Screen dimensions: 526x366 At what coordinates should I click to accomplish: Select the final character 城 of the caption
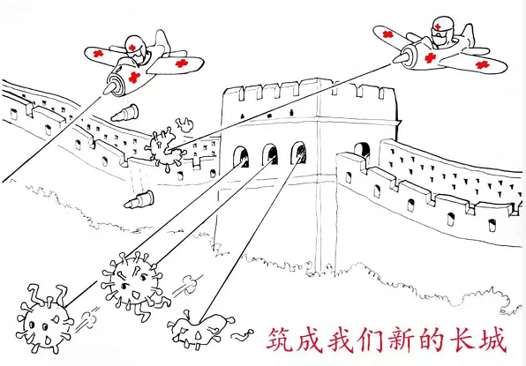[492, 340]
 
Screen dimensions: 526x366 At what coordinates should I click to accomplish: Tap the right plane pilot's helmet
[440, 26]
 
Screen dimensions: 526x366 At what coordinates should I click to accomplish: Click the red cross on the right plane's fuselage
[430, 58]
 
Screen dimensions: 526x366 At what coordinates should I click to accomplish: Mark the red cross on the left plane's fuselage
[134, 77]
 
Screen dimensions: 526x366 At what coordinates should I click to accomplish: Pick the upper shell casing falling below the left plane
[124, 113]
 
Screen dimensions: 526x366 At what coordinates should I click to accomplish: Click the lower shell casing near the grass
[139, 200]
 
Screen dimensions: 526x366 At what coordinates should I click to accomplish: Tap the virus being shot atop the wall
[163, 149]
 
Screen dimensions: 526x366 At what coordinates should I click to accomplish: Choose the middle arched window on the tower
[270, 154]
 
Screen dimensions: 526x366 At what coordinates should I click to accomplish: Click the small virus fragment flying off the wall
[184, 124]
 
